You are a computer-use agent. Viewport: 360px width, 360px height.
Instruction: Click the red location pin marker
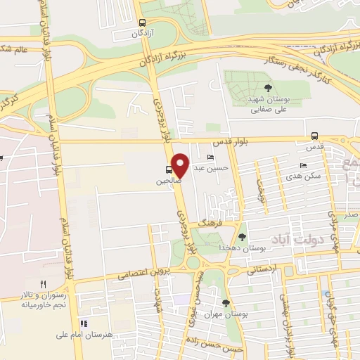[180, 166]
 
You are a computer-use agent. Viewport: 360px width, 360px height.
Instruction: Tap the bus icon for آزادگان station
[143, 22]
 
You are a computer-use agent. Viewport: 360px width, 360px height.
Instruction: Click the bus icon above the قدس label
[314, 136]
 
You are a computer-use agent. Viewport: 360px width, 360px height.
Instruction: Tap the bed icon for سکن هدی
[303, 165]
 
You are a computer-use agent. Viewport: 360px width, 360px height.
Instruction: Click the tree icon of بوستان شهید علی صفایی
[269, 88]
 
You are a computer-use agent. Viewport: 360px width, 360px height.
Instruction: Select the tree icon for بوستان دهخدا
[242, 237]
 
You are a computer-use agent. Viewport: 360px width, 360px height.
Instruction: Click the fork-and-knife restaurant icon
[43, 284]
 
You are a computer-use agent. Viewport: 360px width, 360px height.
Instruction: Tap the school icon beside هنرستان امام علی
[84, 324]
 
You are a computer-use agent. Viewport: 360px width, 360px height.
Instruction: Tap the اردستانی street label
[265, 269]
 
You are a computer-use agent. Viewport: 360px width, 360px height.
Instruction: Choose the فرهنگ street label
[210, 221]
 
